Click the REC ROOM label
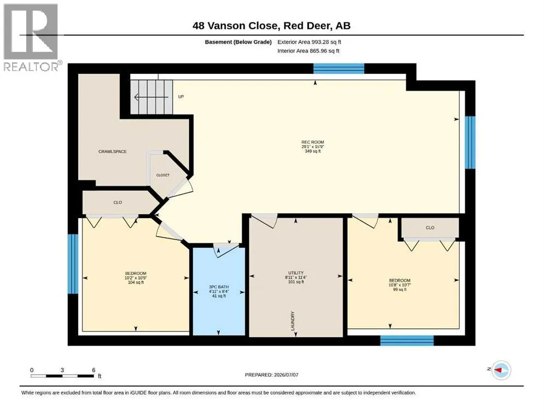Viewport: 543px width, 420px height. click(313, 142)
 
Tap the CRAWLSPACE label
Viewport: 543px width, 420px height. click(113, 151)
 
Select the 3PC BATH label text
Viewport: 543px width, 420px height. click(219, 287)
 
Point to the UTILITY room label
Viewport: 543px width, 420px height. click(296, 273)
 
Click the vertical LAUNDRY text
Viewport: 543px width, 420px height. click(293, 321)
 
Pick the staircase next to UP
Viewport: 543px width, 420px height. click(151, 97)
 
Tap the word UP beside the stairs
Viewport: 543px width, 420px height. click(181, 97)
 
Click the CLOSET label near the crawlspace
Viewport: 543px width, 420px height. click(163, 175)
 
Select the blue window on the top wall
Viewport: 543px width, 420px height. click(338, 68)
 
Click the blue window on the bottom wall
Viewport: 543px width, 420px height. click(407, 340)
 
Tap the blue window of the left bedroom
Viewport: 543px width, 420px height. click(73, 264)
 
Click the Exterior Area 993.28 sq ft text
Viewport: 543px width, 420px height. click(310, 42)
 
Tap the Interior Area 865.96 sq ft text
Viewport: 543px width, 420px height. click(308, 51)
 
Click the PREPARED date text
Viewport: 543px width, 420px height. click(271, 375)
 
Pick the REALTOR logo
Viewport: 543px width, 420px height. click(31, 37)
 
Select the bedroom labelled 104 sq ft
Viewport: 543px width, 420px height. click(136, 278)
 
